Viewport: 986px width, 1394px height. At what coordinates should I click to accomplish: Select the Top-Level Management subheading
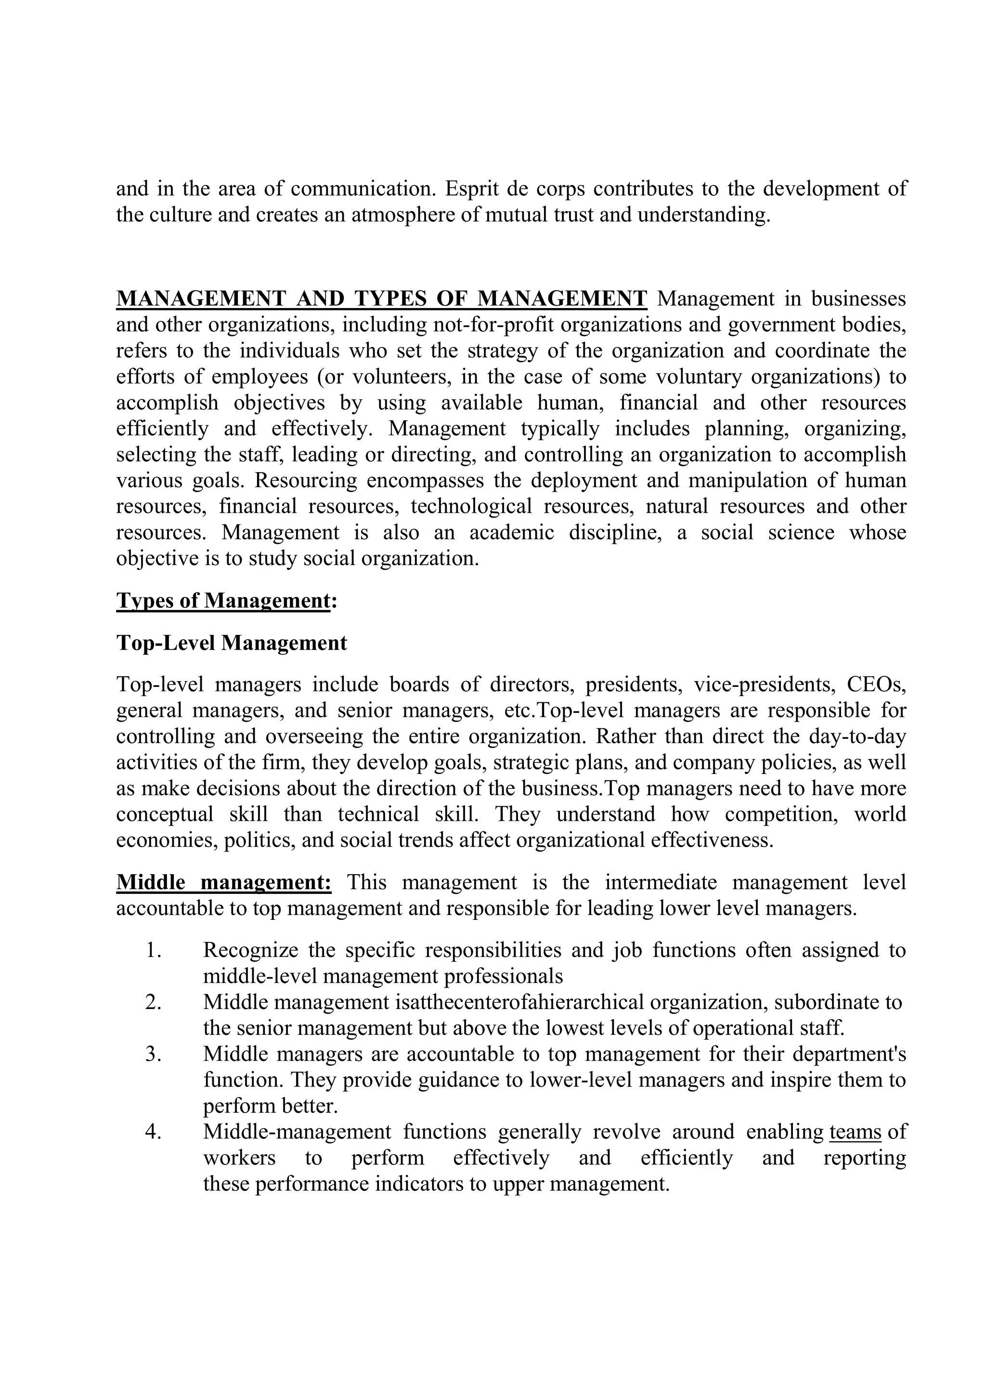[231, 642]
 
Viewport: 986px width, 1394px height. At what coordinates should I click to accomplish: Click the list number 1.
[153, 950]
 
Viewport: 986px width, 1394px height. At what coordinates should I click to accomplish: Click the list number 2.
[153, 1002]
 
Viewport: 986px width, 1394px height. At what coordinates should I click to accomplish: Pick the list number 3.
[153, 1054]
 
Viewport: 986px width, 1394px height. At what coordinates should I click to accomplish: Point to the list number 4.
[153, 1132]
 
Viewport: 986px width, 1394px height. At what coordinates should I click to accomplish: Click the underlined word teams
[855, 1132]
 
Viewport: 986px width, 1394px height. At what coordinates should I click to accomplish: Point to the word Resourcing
[305, 480]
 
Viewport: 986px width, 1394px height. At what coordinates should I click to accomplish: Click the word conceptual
[165, 814]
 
